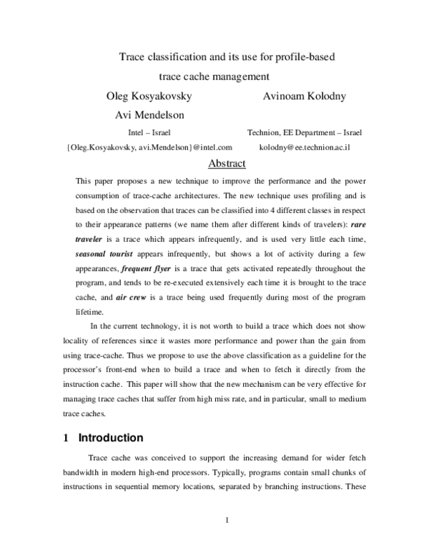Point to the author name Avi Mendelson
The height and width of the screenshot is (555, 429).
pos(149,114)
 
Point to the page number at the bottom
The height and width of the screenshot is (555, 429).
pos(226,519)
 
